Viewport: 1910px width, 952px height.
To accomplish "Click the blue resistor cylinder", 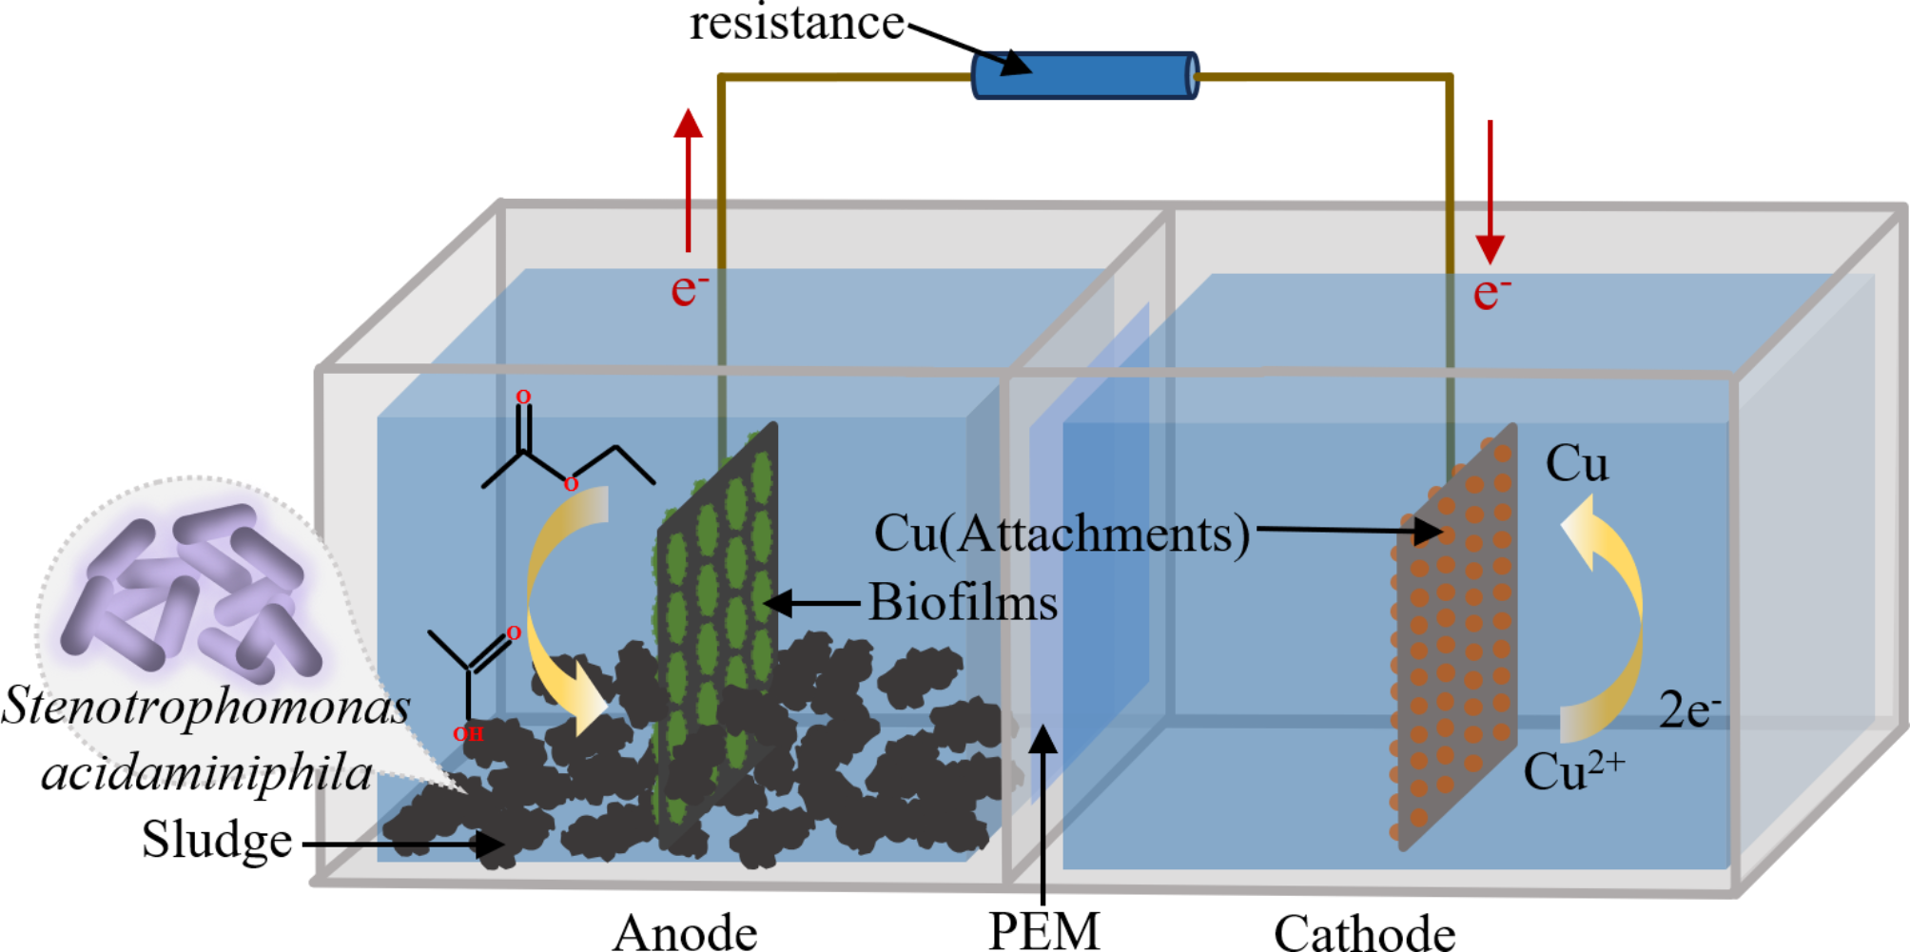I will [x=1084, y=76].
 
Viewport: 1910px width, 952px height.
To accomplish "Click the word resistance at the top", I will [x=796, y=23].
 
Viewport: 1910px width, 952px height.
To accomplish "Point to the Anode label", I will [x=685, y=931].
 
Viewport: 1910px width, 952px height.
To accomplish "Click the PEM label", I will [x=1043, y=931].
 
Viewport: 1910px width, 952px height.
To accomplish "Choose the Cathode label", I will [x=1364, y=932].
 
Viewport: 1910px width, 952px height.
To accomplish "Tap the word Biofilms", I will [x=963, y=603].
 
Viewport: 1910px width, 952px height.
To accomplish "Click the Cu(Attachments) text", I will [x=1062, y=534].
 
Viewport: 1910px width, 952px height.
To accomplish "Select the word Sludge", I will [x=217, y=840].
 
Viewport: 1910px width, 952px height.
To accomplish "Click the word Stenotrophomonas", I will [x=205, y=707].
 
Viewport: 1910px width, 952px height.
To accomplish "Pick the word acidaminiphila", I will [x=206, y=773].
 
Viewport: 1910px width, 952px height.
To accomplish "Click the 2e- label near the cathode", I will [x=1689, y=709].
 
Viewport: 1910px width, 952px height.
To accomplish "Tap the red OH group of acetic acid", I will [x=468, y=734].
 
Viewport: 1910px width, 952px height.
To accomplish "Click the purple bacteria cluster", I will [x=190, y=590].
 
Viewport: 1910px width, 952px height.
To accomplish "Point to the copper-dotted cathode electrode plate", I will [x=1455, y=637].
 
